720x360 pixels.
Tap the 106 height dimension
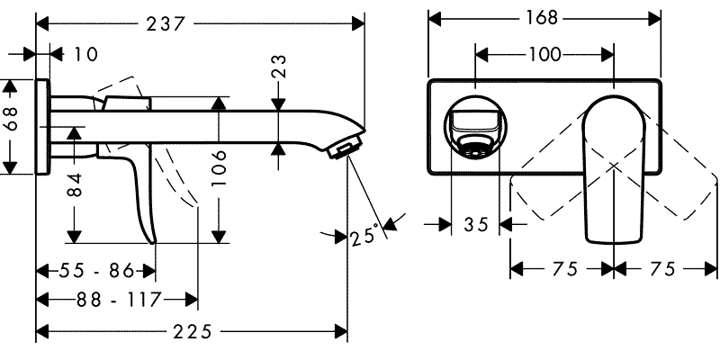pos(218,166)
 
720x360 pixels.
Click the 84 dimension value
pos(76,186)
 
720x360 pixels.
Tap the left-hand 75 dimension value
pos(562,268)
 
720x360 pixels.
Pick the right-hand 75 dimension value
pos(665,268)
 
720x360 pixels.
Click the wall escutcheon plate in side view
pos(43,126)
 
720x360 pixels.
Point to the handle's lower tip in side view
pos(154,238)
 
